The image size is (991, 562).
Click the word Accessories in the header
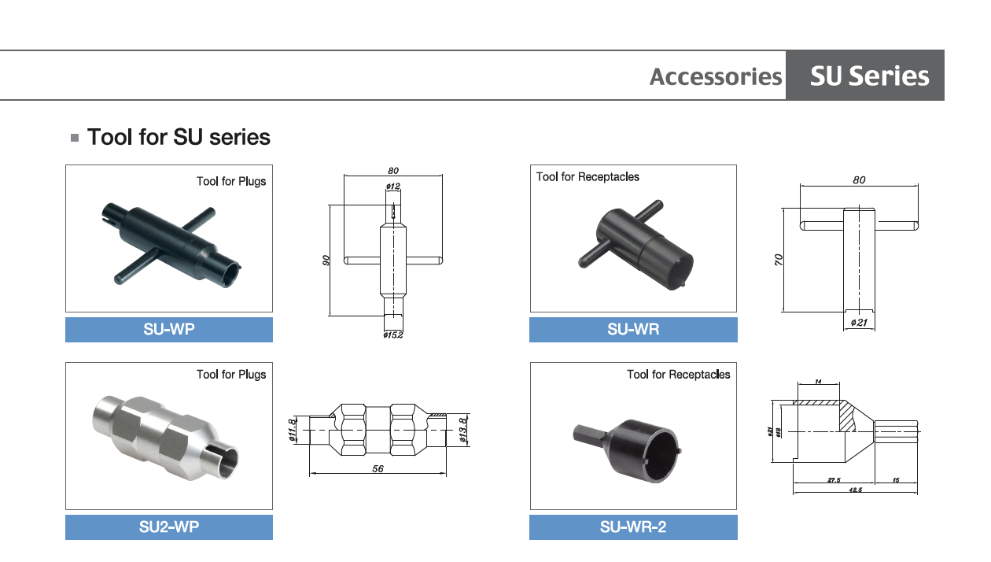click(x=716, y=76)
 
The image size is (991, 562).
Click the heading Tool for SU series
click(x=179, y=137)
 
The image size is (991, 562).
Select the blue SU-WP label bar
click(x=169, y=330)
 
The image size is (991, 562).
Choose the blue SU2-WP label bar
click(x=169, y=527)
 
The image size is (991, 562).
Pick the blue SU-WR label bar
click(x=633, y=330)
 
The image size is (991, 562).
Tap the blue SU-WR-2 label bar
click(x=633, y=527)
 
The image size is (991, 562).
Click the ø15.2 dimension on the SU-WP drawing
click(x=393, y=335)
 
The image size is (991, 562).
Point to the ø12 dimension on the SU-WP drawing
click(x=392, y=187)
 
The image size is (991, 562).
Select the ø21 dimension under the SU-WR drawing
click(x=859, y=322)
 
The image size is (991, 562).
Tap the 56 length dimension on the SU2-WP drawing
click(x=378, y=468)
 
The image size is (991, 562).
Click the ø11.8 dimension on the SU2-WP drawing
click(x=293, y=430)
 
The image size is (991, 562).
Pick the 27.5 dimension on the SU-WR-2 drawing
click(x=834, y=479)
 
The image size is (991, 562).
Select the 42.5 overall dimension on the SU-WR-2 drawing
click(x=856, y=490)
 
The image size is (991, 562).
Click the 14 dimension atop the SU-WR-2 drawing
click(x=819, y=382)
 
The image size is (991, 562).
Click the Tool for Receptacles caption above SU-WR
click(x=588, y=177)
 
